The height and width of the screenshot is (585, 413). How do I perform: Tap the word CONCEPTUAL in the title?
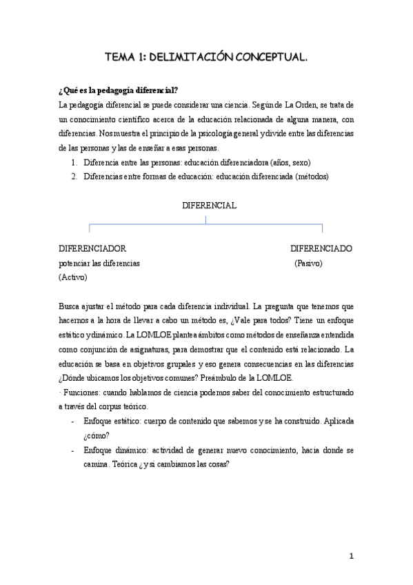coord(269,59)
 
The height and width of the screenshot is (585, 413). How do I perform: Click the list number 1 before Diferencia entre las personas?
coord(74,163)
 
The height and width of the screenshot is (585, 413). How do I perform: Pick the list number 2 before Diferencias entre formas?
coord(74,176)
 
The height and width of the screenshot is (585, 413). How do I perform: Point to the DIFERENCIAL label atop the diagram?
coord(209,206)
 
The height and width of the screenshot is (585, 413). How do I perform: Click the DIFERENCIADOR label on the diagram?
coord(92,248)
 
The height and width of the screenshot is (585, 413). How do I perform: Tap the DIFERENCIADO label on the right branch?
coord(321,248)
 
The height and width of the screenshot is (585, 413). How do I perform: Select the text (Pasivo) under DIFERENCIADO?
coord(308,264)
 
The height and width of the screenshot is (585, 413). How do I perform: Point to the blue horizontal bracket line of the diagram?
coord(206,224)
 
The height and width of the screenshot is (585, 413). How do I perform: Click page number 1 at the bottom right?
coord(351,555)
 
